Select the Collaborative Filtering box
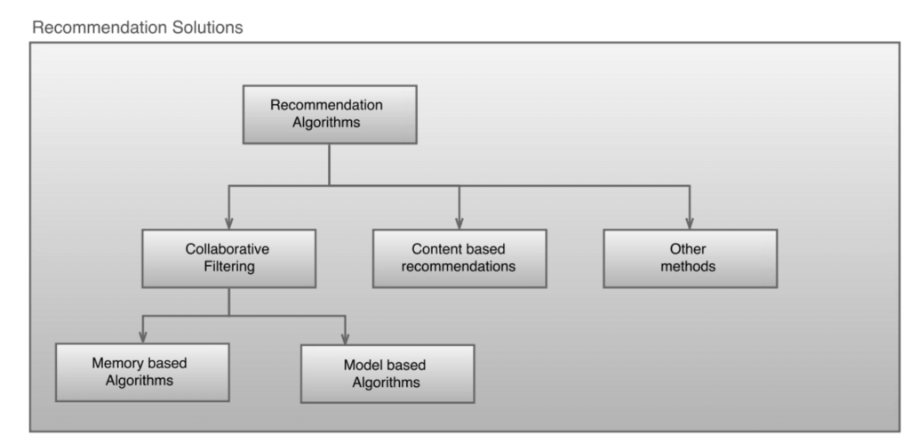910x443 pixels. tap(228, 258)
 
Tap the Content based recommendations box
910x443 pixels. tap(459, 258)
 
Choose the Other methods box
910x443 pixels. tap(690, 258)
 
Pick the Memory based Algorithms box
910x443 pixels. tap(140, 372)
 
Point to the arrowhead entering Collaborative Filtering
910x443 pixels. tap(228, 222)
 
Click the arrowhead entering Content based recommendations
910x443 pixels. tap(459, 222)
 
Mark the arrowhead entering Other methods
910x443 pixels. tap(690, 222)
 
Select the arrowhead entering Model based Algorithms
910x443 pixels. tap(345, 338)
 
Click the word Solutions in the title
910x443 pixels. tap(214, 28)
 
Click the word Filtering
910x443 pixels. tap(228, 267)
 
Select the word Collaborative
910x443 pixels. tap(228, 250)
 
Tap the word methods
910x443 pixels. tap(690, 267)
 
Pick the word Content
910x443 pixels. tap(435, 250)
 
